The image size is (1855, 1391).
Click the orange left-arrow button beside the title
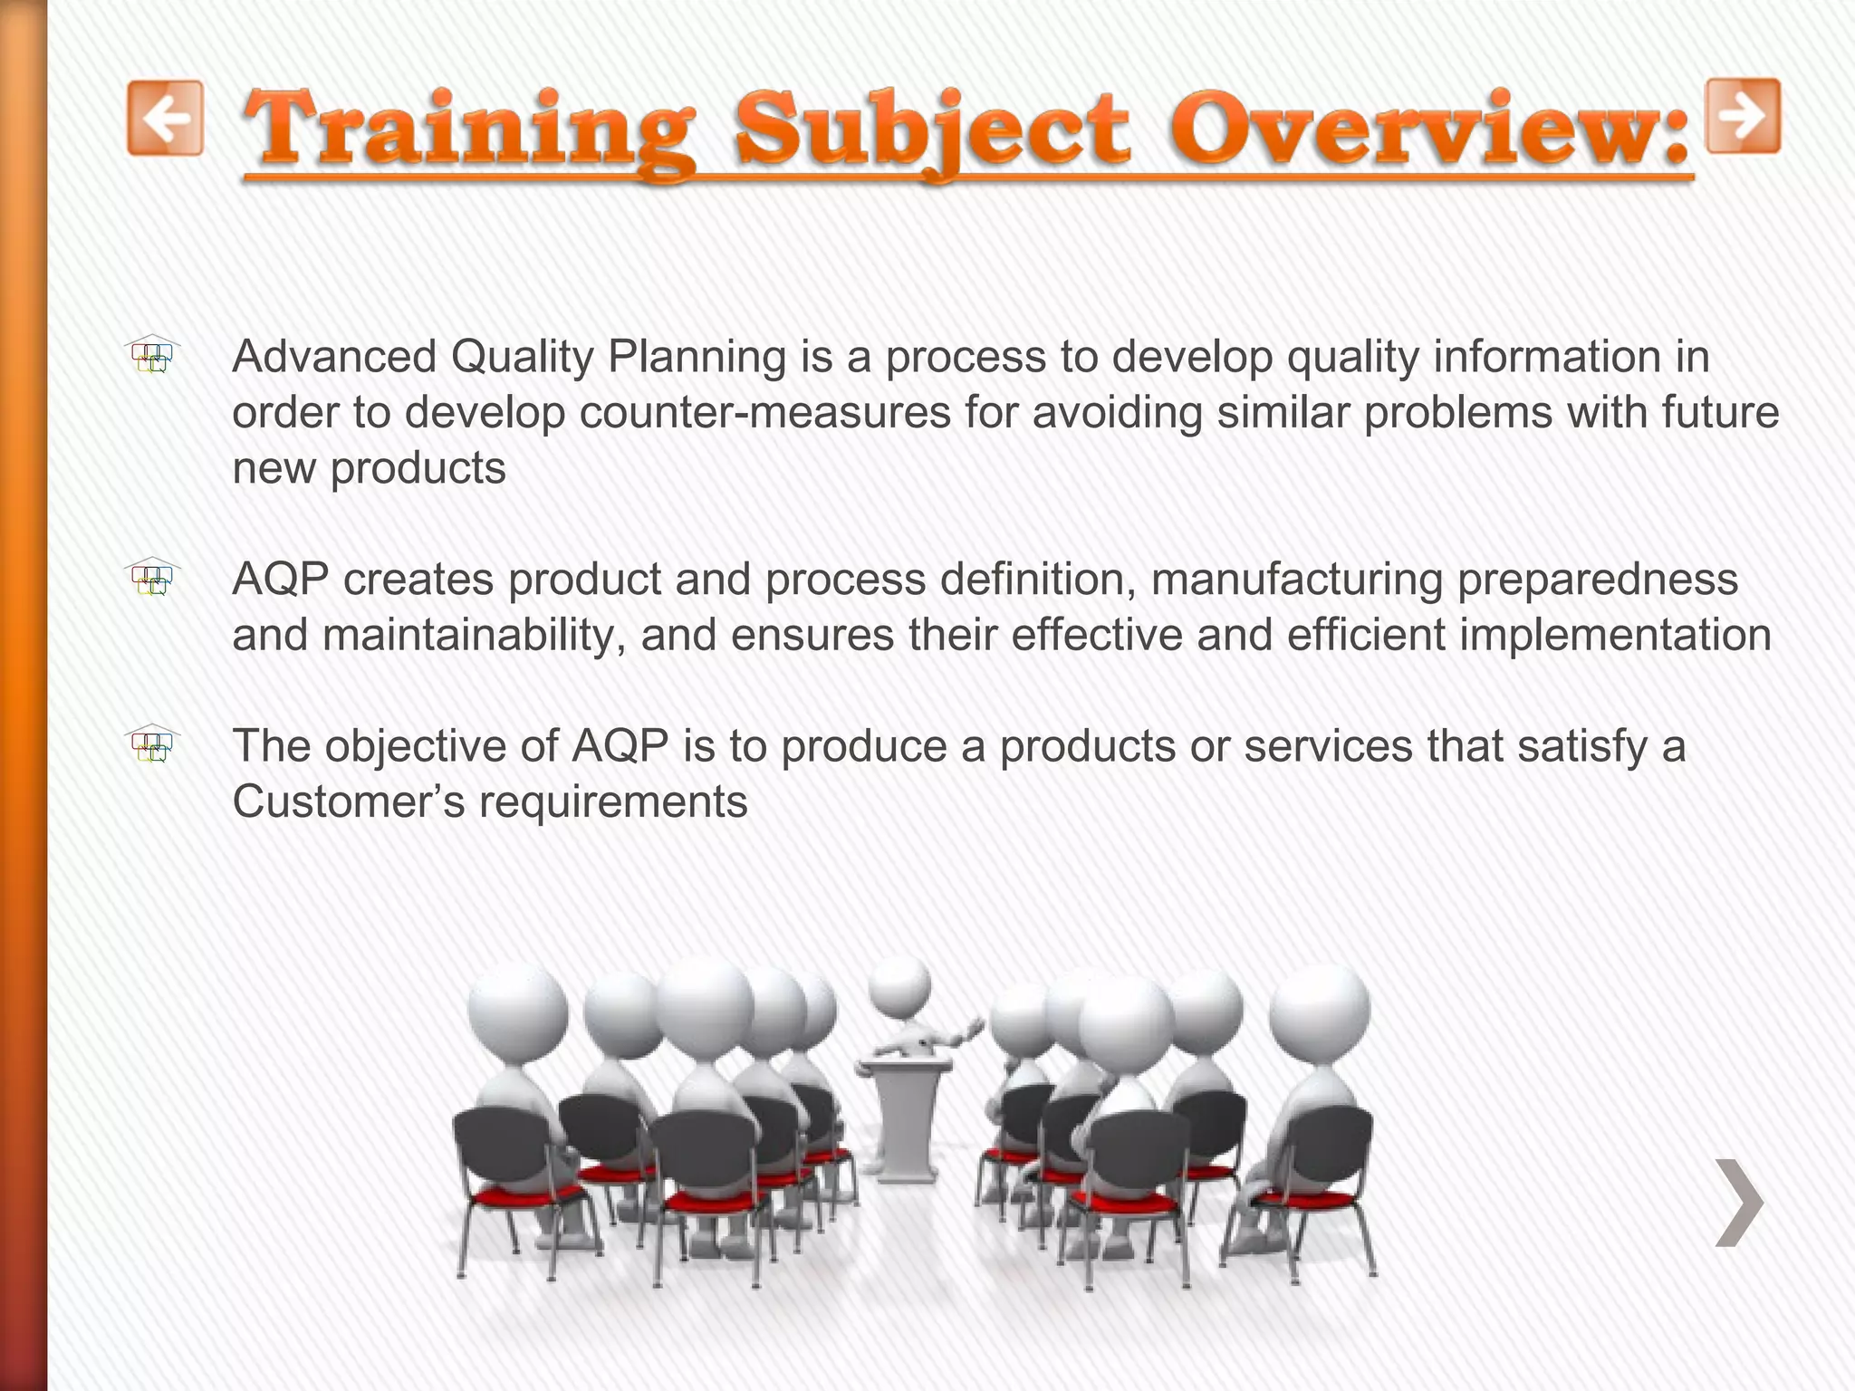point(165,118)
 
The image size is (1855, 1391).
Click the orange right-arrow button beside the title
point(1743,116)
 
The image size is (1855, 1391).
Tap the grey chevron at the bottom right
point(1739,1202)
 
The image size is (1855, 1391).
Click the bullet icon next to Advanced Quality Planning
point(153,355)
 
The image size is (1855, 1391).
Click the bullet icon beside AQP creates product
point(153,577)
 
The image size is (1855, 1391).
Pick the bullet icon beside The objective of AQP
point(153,744)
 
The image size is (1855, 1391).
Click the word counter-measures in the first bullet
point(764,413)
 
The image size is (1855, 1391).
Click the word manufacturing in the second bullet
point(1296,580)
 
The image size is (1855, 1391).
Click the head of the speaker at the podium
point(899,983)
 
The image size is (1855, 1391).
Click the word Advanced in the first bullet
point(334,357)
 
